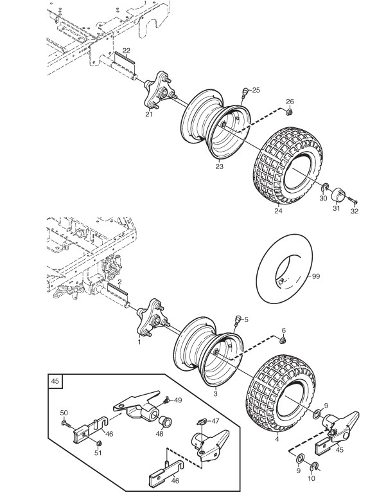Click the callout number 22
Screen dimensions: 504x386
pos(126,50)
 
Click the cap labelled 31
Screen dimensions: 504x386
pos(338,194)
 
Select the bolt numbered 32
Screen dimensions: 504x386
pos(354,204)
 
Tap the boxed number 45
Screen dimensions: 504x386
pos(56,381)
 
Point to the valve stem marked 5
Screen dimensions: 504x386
pos(238,321)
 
